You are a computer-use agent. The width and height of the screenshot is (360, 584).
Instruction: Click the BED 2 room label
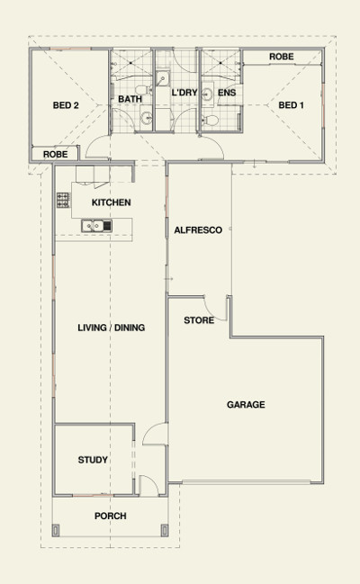pyautogui.click(x=66, y=105)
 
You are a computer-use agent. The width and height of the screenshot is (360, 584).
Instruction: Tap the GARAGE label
pyautogui.click(x=246, y=404)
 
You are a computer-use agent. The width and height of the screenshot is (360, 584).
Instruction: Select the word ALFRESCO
pyautogui.click(x=198, y=230)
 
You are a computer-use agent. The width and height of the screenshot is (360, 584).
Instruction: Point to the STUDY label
pyautogui.click(x=93, y=460)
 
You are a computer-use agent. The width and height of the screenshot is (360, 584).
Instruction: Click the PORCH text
pyautogui.click(x=111, y=516)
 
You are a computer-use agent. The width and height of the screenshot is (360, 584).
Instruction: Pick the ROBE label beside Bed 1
pyautogui.click(x=282, y=57)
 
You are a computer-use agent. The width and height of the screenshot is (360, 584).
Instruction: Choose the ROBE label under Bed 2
pyautogui.click(x=55, y=154)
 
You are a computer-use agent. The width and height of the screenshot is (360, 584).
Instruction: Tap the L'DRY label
pyautogui.click(x=184, y=93)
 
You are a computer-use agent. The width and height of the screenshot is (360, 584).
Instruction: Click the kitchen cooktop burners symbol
pyautogui.click(x=63, y=200)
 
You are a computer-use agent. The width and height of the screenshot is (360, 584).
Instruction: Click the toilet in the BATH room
pyautogui.click(x=142, y=90)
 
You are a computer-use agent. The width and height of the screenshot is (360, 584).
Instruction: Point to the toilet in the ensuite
pyautogui.click(x=211, y=121)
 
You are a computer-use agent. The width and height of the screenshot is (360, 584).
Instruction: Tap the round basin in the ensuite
pyautogui.click(x=208, y=94)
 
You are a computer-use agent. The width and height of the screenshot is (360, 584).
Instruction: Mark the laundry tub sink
pyautogui.click(x=162, y=78)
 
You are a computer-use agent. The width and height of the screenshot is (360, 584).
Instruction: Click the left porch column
pyautogui.click(x=56, y=530)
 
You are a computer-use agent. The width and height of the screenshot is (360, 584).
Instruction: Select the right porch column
pyautogui.click(x=165, y=530)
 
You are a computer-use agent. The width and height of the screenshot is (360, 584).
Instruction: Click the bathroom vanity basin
pyautogui.click(x=147, y=118)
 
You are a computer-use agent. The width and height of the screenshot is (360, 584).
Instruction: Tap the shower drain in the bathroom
pyautogui.click(x=131, y=63)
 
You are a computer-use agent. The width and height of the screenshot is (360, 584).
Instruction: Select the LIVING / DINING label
pyautogui.click(x=111, y=328)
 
